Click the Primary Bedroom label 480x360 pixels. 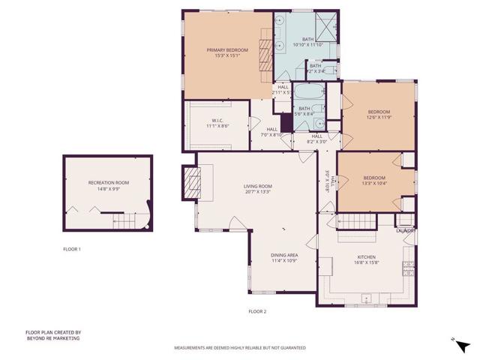click(x=226, y=50)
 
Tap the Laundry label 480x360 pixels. click(x=406, y=230)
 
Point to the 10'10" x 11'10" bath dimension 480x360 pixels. click(x=307, y=45)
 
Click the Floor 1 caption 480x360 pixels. click(x=72, y=248)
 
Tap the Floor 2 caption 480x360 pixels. click(x=257, y=310)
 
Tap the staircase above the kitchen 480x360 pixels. click(x=356, y=221)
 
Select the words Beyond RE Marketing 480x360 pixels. click(x=52, y=338)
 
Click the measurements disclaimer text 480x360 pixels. click(x=240, y=348)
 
